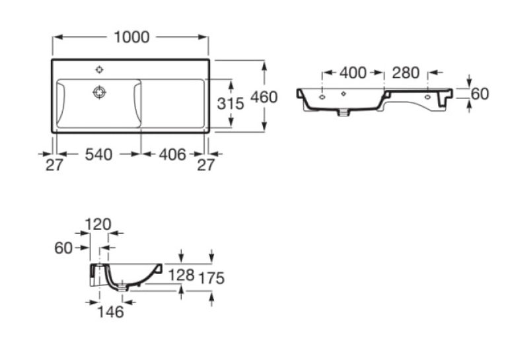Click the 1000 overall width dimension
[131, 37]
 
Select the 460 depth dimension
[264, 97]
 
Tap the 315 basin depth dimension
[231, 104]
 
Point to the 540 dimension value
[98, 155]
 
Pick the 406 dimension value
[172, 155]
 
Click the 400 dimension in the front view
[353, 73]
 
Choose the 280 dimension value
[406, 73]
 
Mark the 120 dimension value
[98, 224]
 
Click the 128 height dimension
[182, 275]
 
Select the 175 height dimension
[211, 278]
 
